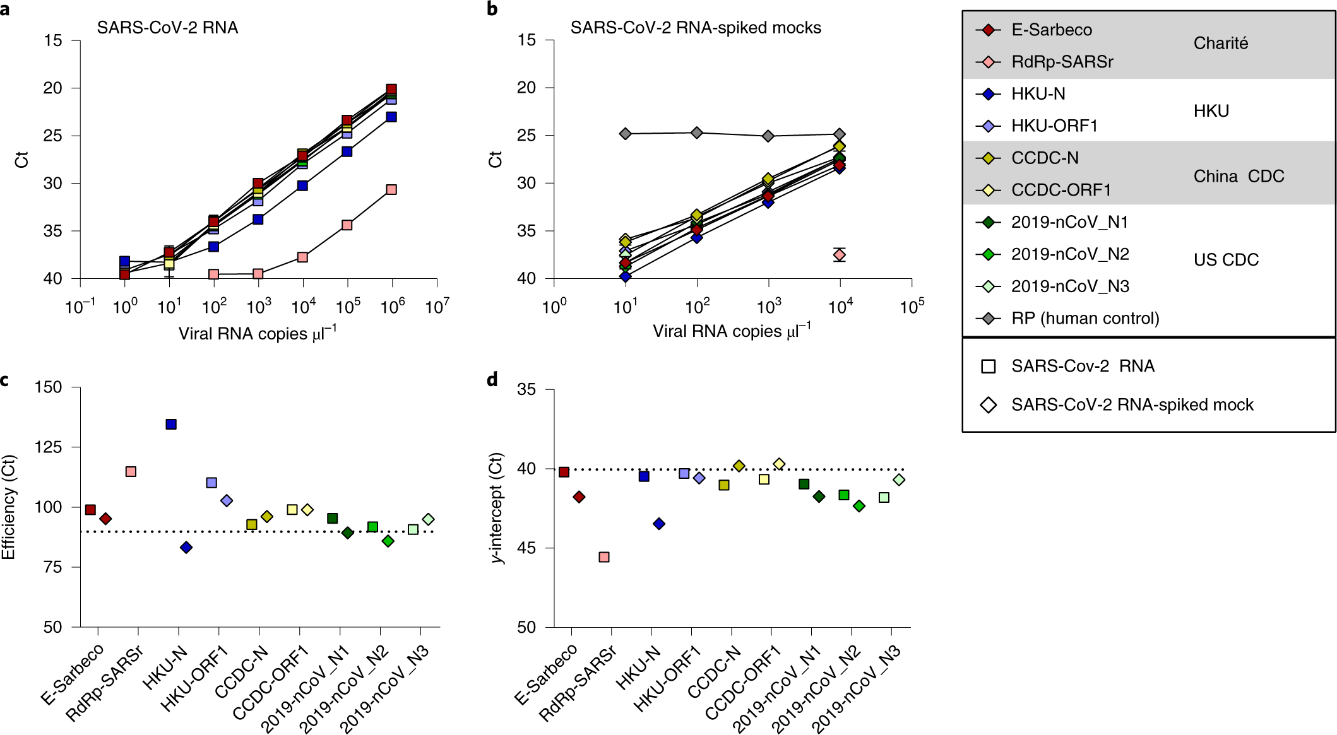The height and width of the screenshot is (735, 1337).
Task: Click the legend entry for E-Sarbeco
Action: tap(1051, 30)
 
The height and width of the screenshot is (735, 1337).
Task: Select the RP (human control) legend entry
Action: tap(1084, 318)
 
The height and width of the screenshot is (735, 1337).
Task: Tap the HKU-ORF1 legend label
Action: tap(1054, 126)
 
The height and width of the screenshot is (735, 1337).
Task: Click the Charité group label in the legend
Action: tap(1220, 43)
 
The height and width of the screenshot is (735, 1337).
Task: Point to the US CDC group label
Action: tap(1226, 259)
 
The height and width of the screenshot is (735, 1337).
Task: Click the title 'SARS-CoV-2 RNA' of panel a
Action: tap(167, 28)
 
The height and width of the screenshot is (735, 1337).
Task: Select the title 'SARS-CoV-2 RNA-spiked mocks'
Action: tap(696, 28)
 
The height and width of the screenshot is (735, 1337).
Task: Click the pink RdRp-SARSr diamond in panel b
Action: tap(840, 255)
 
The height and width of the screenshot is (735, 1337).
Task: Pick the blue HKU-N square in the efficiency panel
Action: tap(171, 424)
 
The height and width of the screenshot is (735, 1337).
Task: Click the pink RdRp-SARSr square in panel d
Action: tap(604, 557)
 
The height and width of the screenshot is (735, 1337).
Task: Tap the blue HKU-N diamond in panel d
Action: tap(659, 524)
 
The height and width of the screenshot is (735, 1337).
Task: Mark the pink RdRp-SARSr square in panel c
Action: tap(131, 471)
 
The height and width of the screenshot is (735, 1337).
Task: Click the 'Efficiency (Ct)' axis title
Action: tap(9, 507)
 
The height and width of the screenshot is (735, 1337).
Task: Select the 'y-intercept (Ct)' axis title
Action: tap(498, 507)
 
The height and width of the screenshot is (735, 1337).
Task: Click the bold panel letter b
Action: tap(492, 9)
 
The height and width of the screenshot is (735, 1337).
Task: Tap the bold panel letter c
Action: tap(5, 380)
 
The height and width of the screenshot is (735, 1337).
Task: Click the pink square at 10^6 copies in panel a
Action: tap(391, 189)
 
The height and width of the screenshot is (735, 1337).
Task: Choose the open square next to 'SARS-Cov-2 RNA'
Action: tap(989, 367)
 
